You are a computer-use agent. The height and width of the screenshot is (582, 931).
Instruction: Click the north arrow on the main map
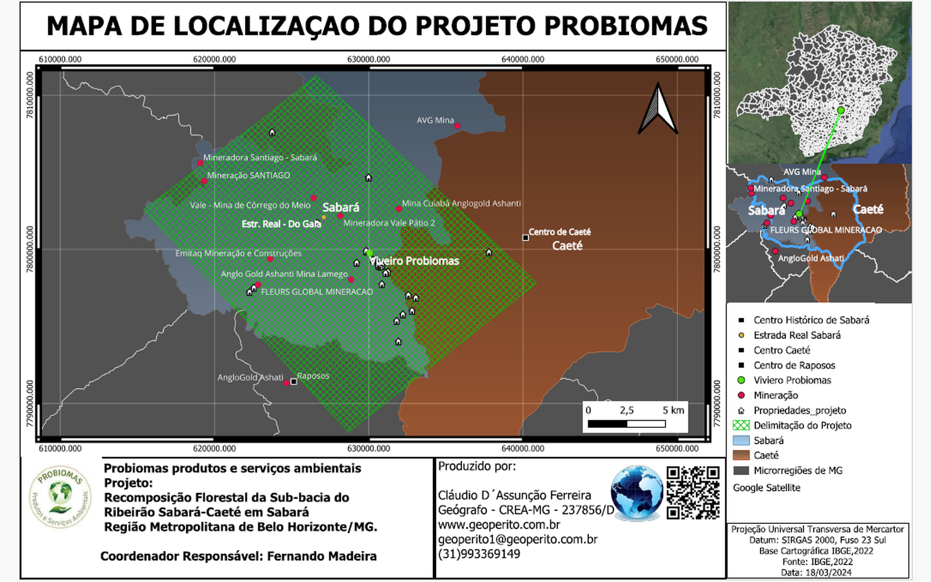(x=658, y=109)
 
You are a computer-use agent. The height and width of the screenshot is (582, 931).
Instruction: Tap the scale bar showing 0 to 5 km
(x=627, y=424)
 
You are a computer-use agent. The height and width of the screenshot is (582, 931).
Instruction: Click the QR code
(x=693, y=492)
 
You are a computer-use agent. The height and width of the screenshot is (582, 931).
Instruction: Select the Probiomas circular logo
(x=60, y=497)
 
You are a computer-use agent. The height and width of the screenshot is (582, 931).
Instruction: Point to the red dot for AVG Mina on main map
(x=457, y=126)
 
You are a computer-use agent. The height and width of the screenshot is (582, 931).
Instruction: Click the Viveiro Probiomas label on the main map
(x=414, y=261)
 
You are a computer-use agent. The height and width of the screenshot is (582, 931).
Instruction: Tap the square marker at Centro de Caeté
(x=525, y=237)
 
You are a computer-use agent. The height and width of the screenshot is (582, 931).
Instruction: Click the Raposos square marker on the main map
(x=293, y=382)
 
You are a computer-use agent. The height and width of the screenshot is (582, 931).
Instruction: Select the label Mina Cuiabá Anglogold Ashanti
(x=461, y=203)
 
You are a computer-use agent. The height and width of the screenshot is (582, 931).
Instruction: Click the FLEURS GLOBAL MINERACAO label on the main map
(x=317, y=292)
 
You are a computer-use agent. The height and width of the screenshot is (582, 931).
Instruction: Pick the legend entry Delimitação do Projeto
(x=802, y=425)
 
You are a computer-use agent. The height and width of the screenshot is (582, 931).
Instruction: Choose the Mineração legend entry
(x=776, y=395)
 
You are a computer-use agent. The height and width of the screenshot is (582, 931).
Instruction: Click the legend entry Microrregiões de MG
(x=798, y=470)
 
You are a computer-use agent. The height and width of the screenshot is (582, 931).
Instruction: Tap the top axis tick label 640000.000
(x=523, y=59)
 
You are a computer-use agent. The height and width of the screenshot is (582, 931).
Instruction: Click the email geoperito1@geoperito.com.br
(x=518, y=540)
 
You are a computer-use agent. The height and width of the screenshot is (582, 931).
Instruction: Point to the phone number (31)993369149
(x=479, y=554)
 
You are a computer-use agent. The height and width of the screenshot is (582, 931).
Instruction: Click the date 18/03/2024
(x=829, y=573)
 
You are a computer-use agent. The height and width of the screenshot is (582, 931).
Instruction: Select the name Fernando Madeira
(x=322, y=556)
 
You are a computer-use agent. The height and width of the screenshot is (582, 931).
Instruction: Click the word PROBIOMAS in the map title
(x=626, y=26)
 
